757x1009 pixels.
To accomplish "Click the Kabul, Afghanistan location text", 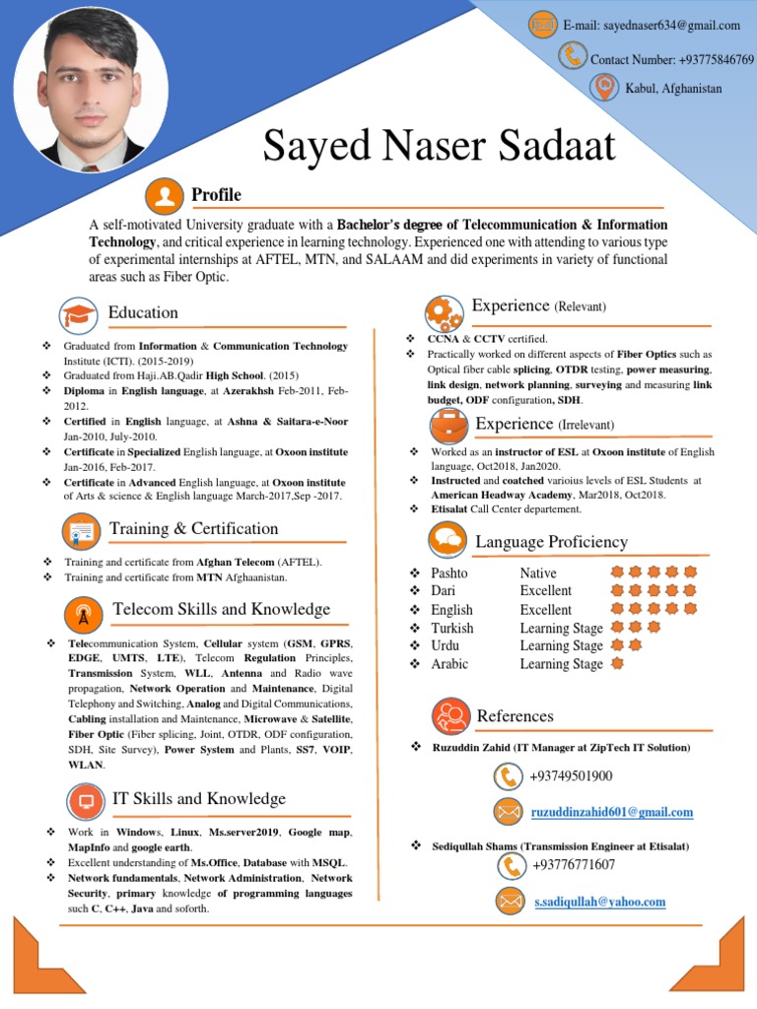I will point(673,89).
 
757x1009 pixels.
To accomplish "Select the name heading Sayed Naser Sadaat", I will point(439,147).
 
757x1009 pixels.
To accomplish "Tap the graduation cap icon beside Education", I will point(78,314).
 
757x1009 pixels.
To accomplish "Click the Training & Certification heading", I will point(193,529).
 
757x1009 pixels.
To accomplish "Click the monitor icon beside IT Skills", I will point(85,800).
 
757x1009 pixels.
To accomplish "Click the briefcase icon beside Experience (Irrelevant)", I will point(447,426).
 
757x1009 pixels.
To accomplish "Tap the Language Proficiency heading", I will point(551,542).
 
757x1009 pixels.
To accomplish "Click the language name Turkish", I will point(451,628).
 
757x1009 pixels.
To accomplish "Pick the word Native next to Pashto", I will point(538,572).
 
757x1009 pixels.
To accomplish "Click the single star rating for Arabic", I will point(617,663).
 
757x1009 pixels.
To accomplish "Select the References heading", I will point(515,716).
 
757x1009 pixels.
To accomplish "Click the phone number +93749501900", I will point(571,776).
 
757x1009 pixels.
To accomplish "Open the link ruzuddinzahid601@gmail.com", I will point(612,813).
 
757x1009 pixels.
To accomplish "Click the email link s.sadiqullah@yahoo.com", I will point(599,902).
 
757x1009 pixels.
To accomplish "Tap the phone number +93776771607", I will point(574,865).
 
